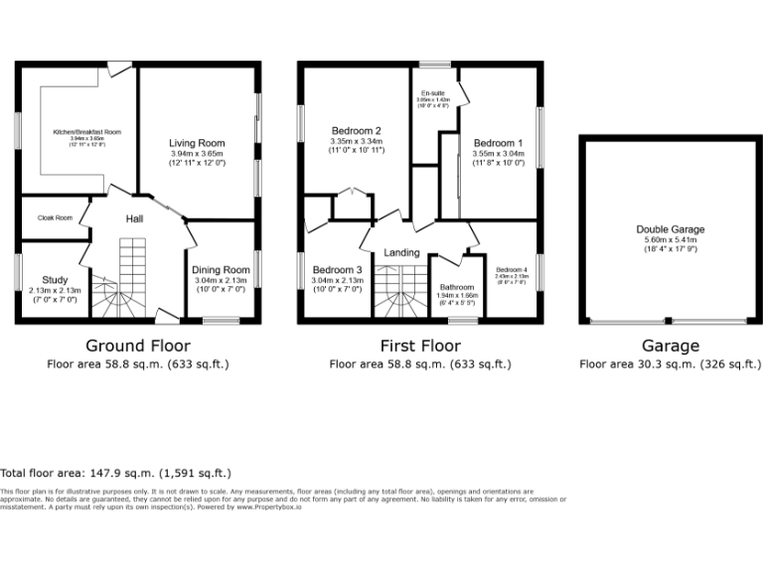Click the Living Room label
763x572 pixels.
click(198, 143)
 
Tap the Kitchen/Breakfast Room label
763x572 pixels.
click(86, 131)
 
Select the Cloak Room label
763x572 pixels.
click(55, 217)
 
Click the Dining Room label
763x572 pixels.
click(221, 270)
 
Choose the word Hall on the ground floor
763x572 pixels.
click(137, 218)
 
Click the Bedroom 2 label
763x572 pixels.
click(357, 130)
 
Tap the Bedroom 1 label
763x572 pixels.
click(498, 143)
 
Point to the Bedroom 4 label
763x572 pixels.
click(512, 270)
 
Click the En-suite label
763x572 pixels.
click(432, 93)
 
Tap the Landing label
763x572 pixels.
click(401, 252)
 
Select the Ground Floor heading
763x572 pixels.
click(138, 346)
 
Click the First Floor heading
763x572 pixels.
click(420, 346)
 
